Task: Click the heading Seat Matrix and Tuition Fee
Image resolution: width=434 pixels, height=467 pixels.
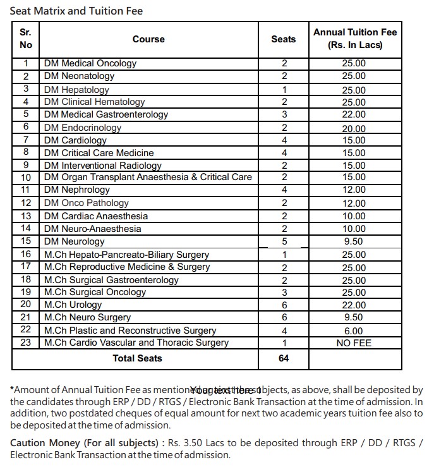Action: [76, 11]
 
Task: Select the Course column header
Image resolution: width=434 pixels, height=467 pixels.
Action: [148, 39]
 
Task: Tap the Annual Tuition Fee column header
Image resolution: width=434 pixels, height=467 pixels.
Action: [355, 39]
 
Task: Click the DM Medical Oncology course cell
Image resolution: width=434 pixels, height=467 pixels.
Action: [90, 63]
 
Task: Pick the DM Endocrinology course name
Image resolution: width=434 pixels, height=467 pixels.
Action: [82, 127]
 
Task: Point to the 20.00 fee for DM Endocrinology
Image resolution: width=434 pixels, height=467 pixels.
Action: [354, 128]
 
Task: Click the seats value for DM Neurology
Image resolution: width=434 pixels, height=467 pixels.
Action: [284, 241]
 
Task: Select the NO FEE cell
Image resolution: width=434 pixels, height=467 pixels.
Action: [354, 343]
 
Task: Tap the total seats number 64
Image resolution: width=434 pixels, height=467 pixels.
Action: [284, 358]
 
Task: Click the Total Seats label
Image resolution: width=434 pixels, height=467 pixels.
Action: [137, 358]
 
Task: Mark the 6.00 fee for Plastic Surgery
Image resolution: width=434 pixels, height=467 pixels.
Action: [354, 331]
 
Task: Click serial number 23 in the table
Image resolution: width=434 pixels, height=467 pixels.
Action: [26, 343]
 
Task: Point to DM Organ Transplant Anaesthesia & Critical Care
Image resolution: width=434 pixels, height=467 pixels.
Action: [148, 177]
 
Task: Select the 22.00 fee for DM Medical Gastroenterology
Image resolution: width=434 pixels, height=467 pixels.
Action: [354, 114]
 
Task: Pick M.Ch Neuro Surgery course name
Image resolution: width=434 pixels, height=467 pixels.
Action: [87, 317]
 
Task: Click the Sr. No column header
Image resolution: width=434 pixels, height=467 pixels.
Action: [26, 39]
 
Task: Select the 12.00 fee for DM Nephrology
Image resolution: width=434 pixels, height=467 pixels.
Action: [354, 190]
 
